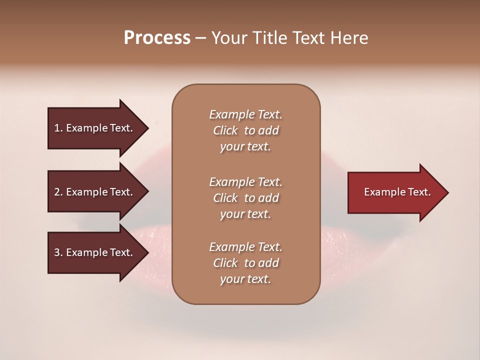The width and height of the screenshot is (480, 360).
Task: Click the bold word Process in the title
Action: (x=157, y=38)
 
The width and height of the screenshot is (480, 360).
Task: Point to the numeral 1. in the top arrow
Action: (x=58, y=128)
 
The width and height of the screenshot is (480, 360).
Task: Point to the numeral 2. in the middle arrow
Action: (x=58, y=192)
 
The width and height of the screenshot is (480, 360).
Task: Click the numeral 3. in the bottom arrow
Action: (x=58, y=252)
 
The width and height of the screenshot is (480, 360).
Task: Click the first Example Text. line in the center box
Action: (x=246, y=114)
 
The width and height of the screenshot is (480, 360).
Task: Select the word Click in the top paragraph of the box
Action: (x=225, y=130)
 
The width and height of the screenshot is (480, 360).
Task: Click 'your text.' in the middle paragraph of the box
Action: (x=245, y=214)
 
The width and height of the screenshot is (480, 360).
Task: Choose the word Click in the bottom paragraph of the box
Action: (x=225, y=263)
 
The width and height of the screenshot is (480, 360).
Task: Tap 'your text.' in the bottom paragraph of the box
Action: (x=245, y=279)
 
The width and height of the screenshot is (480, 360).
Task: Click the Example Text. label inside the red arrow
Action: (x=397, y=192)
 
